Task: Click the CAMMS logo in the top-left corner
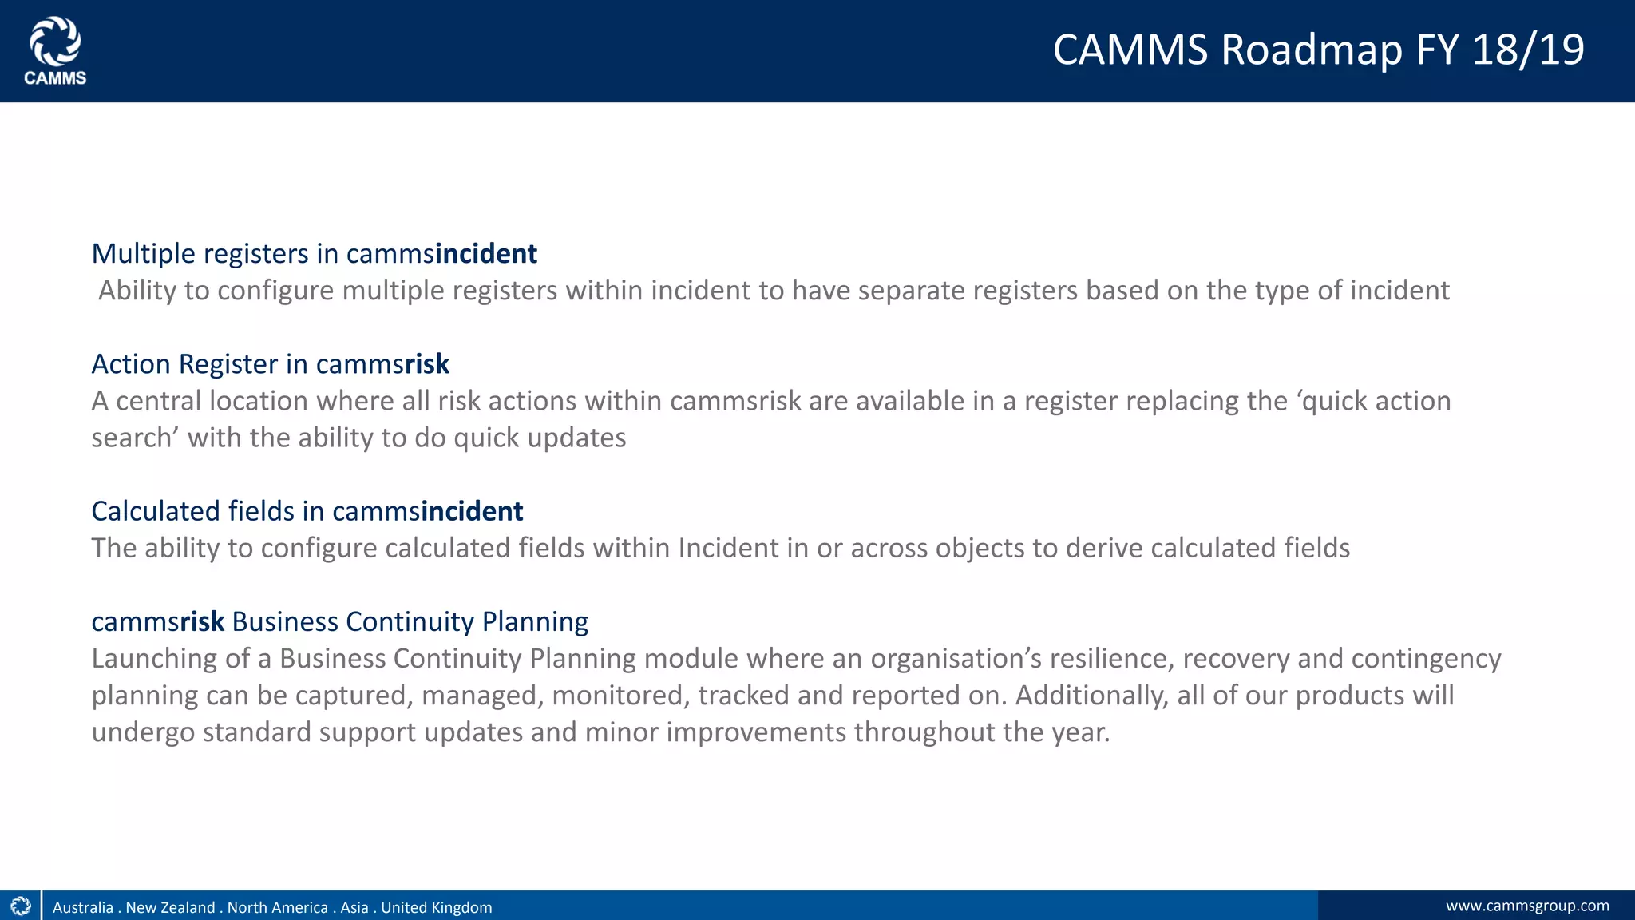pyautogui.click(x=55, y=51)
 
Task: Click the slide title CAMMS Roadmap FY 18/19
pyautogui.click(x=1318, y=50)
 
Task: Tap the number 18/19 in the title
pyautogui.click(x=1528, y=50)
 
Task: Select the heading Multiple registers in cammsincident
pyautogui.click(x=314, y=254)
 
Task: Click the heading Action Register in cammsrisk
pyautogui.click(x=270, y=364)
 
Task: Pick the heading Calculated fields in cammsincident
pyautogui.click(x=307, y=511)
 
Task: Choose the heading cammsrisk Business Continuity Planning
pyautogui.click(x=339, y=621)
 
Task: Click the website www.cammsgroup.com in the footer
pyautogui.click(x=1527, y=906)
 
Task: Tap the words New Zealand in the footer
pyautogui.click(x=170, y=908)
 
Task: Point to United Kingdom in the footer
pyautogui.click(x=436, y=908)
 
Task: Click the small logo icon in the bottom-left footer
pyautogui.click(x=21, y=906)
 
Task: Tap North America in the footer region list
pyautogui.click(x=277, y=908)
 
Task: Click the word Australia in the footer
pyautogui.click(x=83, y=908)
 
